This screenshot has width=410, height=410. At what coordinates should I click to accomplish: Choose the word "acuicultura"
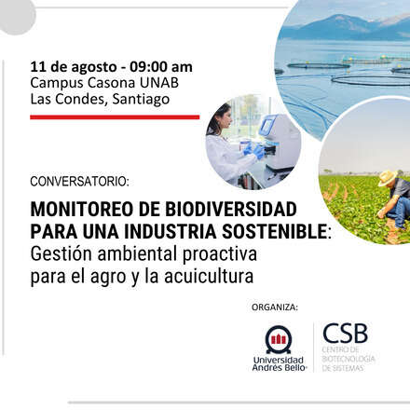[214, 276]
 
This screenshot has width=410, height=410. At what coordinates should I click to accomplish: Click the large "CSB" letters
[346, 334]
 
